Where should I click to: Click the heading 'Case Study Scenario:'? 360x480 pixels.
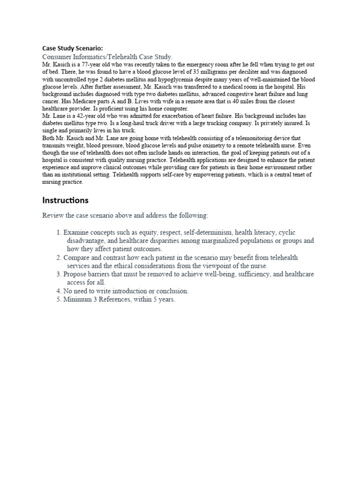pyautogui.click(x=73, y=48)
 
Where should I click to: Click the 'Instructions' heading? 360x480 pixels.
pyautogui.click(x=65, y=200)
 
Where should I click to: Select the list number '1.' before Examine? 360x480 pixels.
pyautogui.click(x=59, y=232)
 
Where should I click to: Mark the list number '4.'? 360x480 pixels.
pyautogui.click(x=59, y=291)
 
